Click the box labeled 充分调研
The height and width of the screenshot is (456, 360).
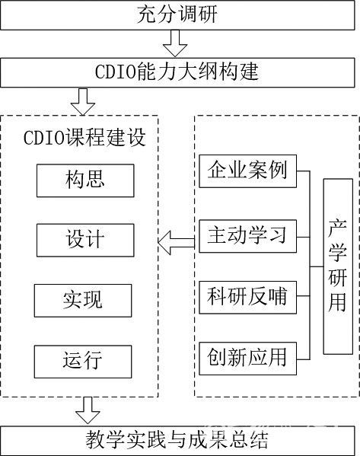pyautogui.click(x=177, y=14)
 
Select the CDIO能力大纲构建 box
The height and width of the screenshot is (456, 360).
pyautogui.click(x=177, y=72)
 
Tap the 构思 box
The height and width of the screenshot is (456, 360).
pyautogui.click(x=85, y=180)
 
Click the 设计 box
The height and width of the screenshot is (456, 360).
pyautogui.click(x=85, y=241)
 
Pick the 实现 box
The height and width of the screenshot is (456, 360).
pyautogui.click(x=83, y=301)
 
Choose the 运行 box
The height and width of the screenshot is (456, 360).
pyautogui.click(x=83, y=362)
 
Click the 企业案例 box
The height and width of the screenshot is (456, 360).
pyautogui.click(x=248, y=171)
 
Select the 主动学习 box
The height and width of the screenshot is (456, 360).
pyautogui.click(x=248, y=236)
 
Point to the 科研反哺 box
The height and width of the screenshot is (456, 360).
pyautogui.click(x=248, y=297)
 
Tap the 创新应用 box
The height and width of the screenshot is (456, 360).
pyautogui.click(x=248, y=359)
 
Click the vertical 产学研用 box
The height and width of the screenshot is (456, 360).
pyautogui.click(x=338, y=266)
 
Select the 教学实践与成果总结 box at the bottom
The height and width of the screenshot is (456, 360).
pyautogui.click(x=177, y=441)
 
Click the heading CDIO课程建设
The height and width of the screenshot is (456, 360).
pyautogui.click(x=84, y=137)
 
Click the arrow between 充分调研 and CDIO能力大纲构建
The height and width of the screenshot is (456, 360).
pyautogui.click(x=175, y=43)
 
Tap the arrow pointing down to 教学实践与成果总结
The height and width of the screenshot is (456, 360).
pyautogui.click(x=88, y=410)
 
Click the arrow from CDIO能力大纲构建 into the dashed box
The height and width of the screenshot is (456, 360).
pyautogui.click(x=83, y=101)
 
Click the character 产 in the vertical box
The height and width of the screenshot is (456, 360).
pyautogui.click(x=338, y=228)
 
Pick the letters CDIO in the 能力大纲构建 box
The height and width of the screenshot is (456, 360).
pyautogui.click(x=116, y=72)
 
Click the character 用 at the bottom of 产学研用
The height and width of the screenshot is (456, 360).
pyautogui.click(x=338, y=302)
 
